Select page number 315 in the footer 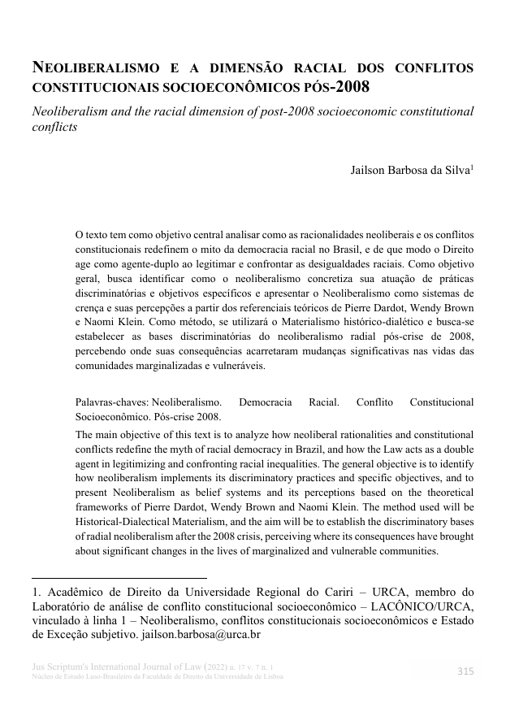[x=465, y=671]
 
